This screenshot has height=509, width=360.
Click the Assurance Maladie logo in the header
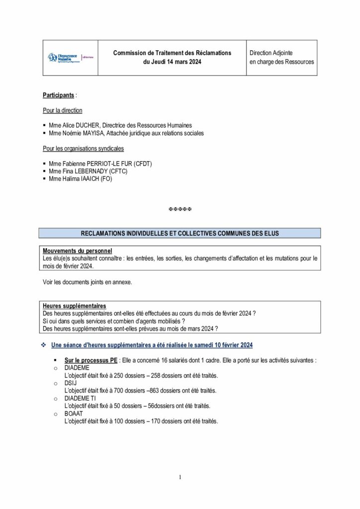pyautogui.click(x=70, y=57)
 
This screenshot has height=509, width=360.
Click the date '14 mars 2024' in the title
pyautogui.click(x=184, y=62)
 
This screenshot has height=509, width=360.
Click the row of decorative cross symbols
pyautogui.click(x=180, y=209)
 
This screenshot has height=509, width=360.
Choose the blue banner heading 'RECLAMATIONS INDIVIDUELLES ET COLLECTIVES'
pyautogui.click(x=180, y=233)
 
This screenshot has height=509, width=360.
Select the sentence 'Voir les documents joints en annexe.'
pyautogui.click(x=88, y=282)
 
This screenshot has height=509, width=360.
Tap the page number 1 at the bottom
pyautogui.click(x=180, y=478)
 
